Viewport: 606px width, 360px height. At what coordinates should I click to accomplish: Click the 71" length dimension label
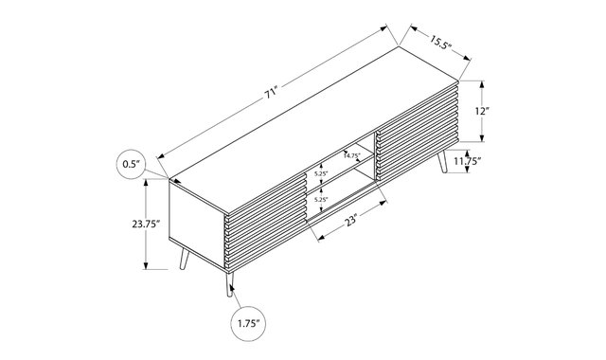(x=272, y=93)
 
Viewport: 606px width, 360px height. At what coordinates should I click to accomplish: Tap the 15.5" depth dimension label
(x=439, y=42)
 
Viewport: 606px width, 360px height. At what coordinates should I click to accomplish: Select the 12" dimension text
(x=482, y=112)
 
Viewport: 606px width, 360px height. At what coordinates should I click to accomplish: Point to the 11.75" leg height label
(x=467, y=161)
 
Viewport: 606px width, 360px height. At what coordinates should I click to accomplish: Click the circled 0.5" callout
(x=133, y=164)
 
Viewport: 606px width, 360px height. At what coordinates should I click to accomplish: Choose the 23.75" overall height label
(x=146, y=225)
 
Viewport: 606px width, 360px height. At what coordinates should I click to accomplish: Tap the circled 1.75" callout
(x=248, y=324)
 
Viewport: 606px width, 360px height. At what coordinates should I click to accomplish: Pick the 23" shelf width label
(x=350, y=222)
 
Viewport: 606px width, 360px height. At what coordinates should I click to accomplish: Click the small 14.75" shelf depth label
(x=351, y=155)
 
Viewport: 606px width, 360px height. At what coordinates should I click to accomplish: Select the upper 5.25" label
(x=321, y=173)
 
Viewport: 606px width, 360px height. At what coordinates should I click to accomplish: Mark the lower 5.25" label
(x=321, y=200)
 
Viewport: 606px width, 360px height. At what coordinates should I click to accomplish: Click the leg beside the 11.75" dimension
(x=442, y=161)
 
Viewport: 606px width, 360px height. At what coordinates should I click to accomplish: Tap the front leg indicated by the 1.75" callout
(x=229, y=284)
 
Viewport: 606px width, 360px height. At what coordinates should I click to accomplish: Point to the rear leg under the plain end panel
(x=185, y=259)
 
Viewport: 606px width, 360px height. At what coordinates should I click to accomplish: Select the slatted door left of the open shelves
(x=265, y=223)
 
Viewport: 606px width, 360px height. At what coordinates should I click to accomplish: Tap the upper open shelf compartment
(x=340, y=160)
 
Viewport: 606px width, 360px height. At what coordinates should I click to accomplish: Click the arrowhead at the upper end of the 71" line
(x=383, y=27)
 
